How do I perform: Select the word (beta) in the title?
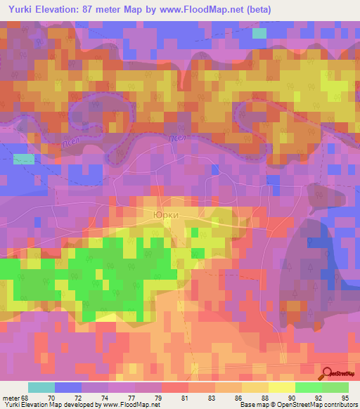coord(257,10)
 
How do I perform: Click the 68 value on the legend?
coord(27,398)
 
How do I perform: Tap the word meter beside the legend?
coord(10,398)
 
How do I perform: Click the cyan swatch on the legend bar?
coord(41,387)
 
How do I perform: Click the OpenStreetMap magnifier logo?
coord(328,373)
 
